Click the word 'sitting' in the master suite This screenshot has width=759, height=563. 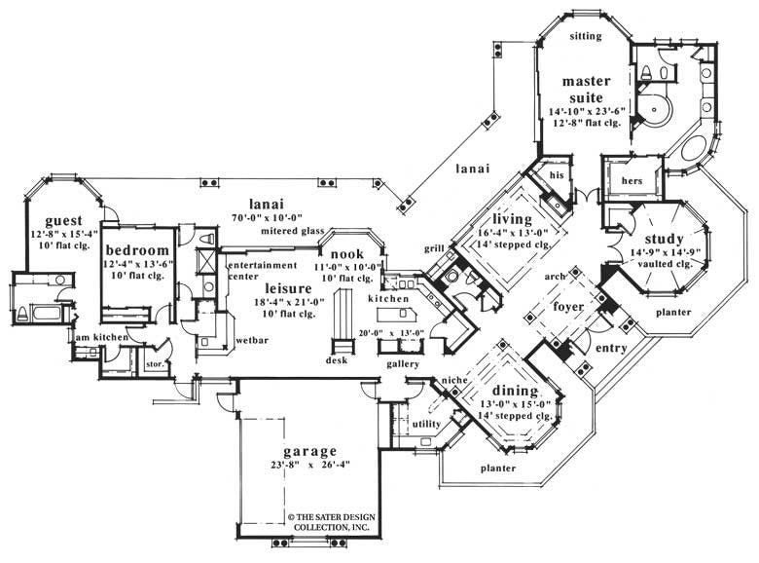tap(586, 37)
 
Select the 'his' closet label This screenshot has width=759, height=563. tap(557, 174)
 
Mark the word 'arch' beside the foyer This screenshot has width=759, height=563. tap(556, 277)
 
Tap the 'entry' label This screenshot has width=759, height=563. tap(609, 348)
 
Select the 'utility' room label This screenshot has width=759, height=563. tap(426, 425)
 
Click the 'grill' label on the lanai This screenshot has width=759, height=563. tap(434, 248)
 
